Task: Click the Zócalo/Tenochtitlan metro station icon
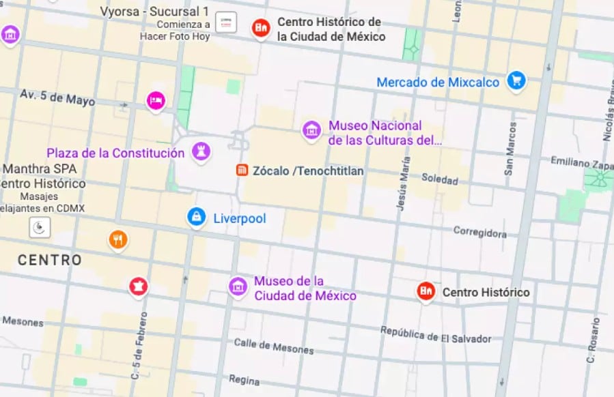click(x=241, y=171)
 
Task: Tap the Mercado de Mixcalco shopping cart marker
click(x=516, y=81)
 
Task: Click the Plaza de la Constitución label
click(x=115, y=153)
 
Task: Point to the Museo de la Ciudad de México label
click(x=305, y=289)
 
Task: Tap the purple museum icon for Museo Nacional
click(x=311, y=130)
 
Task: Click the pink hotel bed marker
click(x=156, y=101)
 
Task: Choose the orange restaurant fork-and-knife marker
click(x=118, y=239)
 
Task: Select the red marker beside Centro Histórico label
click(x=426, y=291)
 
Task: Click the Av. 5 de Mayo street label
click(x=57, y=98)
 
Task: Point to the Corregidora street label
click(x=481, y=233)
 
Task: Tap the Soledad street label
click(x=439, y=179)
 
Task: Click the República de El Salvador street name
click(x=436, y=335)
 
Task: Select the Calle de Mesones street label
click(x=274, y=347)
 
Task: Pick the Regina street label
click(x=244, y=379)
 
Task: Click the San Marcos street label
click(x=510, y=149)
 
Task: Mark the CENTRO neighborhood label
click(x=49, y=260)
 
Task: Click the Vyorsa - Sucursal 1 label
click(x=154, y=12)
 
